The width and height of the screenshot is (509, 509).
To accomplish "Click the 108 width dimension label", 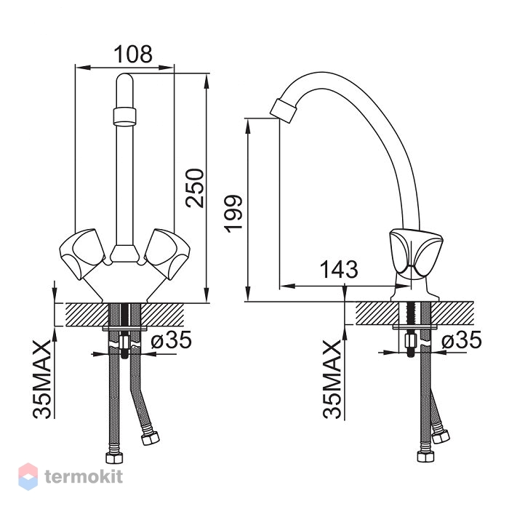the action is coord(133,55).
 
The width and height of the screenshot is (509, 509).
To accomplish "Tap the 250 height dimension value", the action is coord(194,188).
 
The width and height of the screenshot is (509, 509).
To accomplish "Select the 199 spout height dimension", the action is coord(233,214).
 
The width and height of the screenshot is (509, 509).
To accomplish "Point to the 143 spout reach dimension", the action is coord(339,269).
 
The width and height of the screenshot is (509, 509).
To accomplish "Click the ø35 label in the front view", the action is coord(172,340).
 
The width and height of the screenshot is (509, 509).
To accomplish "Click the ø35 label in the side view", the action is coord(461,340).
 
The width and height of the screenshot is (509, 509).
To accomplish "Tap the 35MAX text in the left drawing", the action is coord(42,379).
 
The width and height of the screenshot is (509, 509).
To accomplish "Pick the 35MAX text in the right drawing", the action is coord(332,379).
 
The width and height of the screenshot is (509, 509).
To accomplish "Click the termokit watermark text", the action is coord(84,477).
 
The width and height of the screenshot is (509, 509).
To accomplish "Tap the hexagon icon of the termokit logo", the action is coord(28,476).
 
